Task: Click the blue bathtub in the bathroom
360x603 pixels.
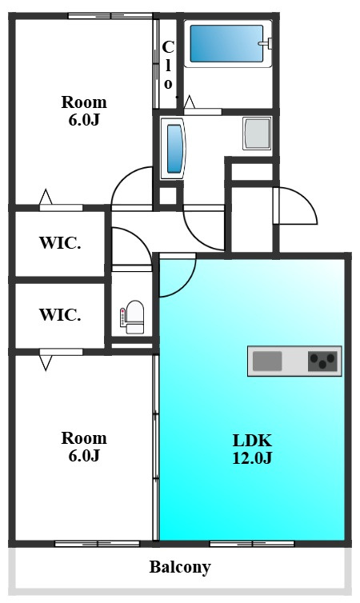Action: pos(226,43)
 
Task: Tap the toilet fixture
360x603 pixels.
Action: pos(133,317)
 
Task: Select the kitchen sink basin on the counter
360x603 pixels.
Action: pos(267,361)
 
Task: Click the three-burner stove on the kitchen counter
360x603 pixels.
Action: pos(322,361)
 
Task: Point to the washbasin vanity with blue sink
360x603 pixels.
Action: pos(173,149)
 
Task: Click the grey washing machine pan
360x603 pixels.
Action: pos(257,134)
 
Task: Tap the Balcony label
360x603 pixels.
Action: pos(180,567)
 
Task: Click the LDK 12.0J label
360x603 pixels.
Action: pos(252,449)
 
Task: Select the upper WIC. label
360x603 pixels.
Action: pos(60,242)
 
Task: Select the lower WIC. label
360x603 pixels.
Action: pos(60,314)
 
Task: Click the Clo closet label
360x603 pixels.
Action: pos(168,65)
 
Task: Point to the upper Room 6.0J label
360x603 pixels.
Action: pos(84,110)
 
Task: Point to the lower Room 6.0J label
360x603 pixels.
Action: pos(84,446)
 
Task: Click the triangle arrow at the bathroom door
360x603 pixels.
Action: pos(190,102)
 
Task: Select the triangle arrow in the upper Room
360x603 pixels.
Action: pos(46,197)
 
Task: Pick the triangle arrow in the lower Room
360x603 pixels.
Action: pos(46,363)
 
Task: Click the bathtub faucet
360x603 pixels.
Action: pos(266,43)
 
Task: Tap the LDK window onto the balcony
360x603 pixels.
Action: pos(252,544)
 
